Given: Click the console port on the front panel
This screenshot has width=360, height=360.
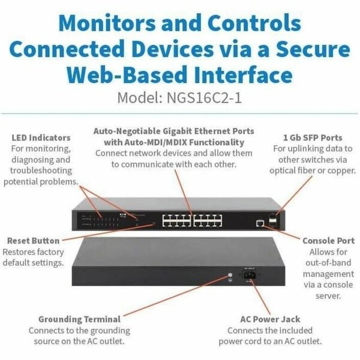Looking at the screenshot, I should [x=259, y=223].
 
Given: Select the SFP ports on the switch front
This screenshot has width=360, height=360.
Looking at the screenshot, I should [x=274, y=220].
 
